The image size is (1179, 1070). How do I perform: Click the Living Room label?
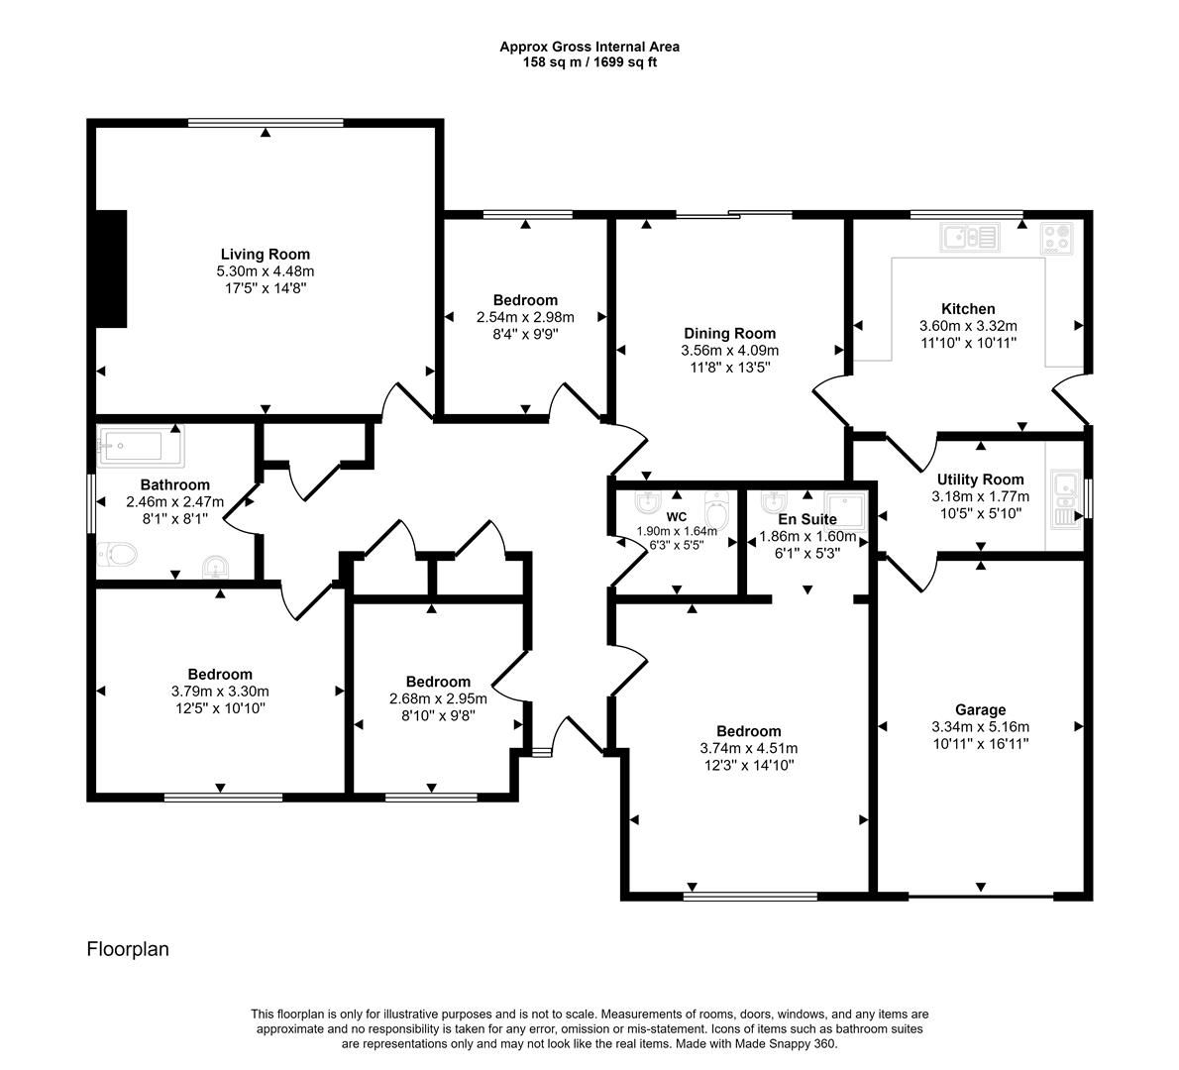pyautogui.click(x=265, y=255)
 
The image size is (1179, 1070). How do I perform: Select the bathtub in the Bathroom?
pyautogui.click(x=141, y=448)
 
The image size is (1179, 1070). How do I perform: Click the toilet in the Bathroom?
pyautogui.click(x=118, y=554)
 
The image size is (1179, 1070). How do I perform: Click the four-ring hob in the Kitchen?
pyautogui.click(x=1057, y=239)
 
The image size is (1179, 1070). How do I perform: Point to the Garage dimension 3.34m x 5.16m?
pyautogui.click(x=980, y=726)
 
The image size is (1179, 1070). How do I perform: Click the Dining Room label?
pyautogui.click(x=729, y=334)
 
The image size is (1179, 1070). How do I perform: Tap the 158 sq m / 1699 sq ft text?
pyautogui.click(x=589, y=62)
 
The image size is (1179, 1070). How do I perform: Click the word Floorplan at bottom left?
pyautogui.click(x=128, y=949)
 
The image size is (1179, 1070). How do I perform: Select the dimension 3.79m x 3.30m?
pyautogui.click(x=219, y=692)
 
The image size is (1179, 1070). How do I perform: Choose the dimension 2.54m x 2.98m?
pyautogui.click(x=525, y=317)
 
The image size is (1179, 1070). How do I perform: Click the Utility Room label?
pyautogui.click(x=980, y=480)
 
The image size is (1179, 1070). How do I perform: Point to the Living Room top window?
pyautogui.click(x=266, y=124)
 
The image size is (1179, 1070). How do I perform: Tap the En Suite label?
pyautogui.click(x=806, y=519)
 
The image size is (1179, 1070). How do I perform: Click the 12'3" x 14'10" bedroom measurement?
pyautogui.click(x=748, y=765)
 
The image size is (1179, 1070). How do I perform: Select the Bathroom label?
pyautogui.click(x=174, y=485)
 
